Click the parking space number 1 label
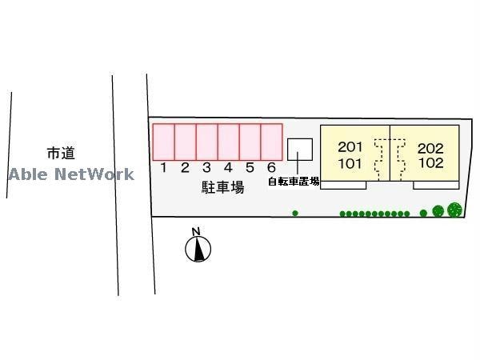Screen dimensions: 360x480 (163, 168)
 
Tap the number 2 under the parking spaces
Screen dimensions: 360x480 (185, 168)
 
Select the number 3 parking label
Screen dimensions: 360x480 (206, 168)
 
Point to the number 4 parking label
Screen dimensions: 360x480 (228, 168)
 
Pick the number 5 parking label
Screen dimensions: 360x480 (250, 168)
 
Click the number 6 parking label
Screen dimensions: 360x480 (271, 168)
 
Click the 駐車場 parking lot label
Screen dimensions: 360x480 (222, 188)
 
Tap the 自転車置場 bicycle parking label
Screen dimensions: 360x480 (294, 182)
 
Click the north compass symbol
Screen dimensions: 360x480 (198, 249)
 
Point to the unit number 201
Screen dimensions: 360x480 (350, 147)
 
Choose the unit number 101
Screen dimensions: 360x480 (350, 163)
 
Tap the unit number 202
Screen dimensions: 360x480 (430, 147)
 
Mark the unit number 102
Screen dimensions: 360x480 (430, 163)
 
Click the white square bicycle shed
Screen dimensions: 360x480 (300, 149)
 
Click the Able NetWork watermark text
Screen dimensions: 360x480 (71, 174)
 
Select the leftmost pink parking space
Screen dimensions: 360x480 (164, 142)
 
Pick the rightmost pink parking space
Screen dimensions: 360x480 (272, 142)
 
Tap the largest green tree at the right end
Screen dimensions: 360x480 (454, 210)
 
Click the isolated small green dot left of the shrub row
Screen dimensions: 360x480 (295, 213)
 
